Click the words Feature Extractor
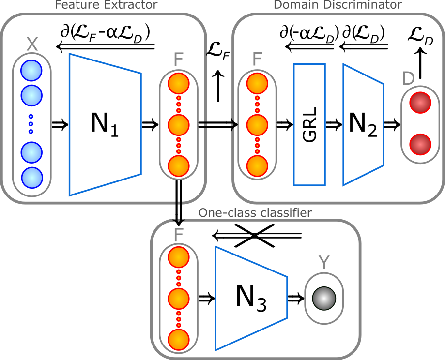point(106,5)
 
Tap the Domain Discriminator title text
point(338,5)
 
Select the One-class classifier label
point(255,213)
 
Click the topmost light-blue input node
point(31,71)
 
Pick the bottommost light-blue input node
point(32,178)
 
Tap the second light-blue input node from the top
point(31,96)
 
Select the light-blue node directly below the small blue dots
point(31,153)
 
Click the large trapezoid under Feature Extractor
point(105,124)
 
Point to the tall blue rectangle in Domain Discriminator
point(309,124)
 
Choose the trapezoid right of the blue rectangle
point(363,124)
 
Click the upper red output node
point(420,103)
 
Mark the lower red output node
point(420,144)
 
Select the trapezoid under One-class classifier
point(251,298)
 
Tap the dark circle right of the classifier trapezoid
point(324,299)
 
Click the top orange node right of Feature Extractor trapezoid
point(179,84)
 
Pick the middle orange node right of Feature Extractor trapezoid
point(179,125)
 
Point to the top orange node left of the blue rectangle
point(257,84)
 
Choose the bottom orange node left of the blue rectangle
point(257,166)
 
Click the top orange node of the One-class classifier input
point(179,257)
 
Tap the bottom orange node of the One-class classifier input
point(179,340)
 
